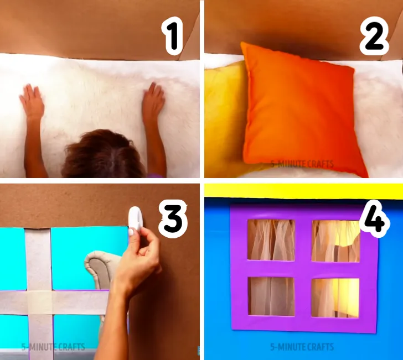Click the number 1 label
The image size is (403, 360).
click(x=173, y=36)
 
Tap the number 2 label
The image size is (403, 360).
click(x=374, y=36)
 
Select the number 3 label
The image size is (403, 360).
click(x=173, y=219)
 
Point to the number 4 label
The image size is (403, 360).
click(x=374, y=219)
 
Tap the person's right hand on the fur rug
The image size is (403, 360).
click(x=153, y=101)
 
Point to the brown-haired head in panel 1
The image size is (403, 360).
click(x=104, y=154)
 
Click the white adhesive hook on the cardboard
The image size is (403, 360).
click(x=135, y=218)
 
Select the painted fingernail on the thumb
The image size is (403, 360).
click(x=131, y=232)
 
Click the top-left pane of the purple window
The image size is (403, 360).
click(x=271, y=240)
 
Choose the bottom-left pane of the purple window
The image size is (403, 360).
click(x=271, y=296)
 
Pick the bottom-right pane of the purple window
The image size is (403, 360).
click(x=335, y=298)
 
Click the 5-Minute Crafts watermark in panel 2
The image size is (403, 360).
click(x=302, y=164)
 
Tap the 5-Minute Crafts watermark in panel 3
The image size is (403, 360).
click(x=53, y=347)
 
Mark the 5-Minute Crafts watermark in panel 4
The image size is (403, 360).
click(x=302, y=347)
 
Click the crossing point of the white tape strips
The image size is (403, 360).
click(x=40, y=302)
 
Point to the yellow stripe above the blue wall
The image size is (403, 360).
click(x=304, y=191)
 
